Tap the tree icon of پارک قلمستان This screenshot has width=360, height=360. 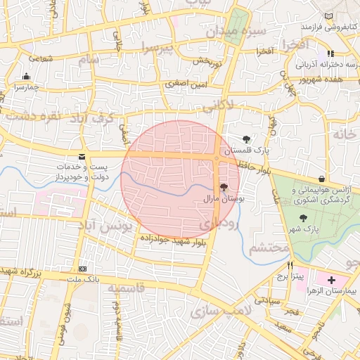click(246, 140)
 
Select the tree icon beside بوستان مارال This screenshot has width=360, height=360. click(224, 187)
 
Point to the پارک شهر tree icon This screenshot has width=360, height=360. click(303, 218)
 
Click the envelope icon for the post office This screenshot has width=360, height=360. click(83, 157)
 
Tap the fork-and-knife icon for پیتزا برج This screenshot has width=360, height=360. click(290, 265)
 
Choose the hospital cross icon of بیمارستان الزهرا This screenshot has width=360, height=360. click(331, 280)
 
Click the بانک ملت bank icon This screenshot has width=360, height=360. click(83, 269)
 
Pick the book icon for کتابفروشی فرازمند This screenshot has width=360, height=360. click(330, 16)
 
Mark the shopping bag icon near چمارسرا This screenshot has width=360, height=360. click(27, 76)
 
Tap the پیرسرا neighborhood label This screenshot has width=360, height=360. click(155, 48)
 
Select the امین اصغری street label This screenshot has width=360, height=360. click(186, 84)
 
